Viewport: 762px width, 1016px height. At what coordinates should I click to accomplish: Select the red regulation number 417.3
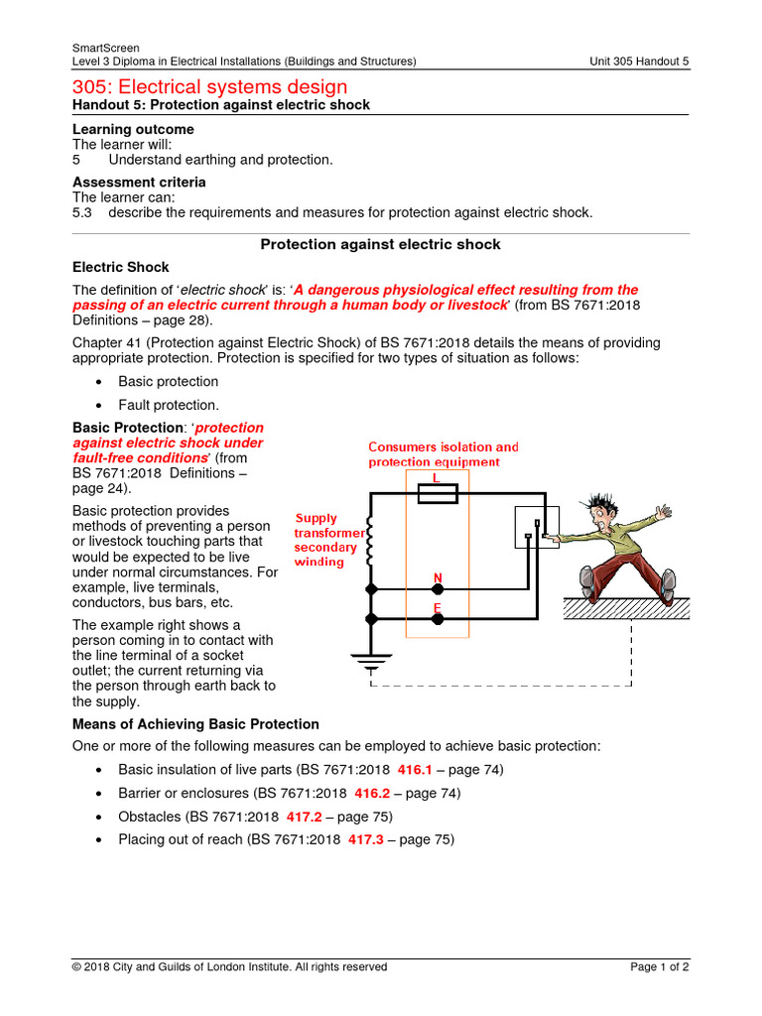tap(365, 839)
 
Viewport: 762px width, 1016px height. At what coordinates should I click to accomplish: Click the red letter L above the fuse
tap(437, 477)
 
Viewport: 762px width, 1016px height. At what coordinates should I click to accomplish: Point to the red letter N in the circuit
tap(437, 576)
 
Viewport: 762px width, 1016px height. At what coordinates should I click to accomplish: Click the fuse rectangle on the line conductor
tap(437, 493)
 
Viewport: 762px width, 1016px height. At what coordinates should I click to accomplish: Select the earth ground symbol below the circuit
tap(371, 660)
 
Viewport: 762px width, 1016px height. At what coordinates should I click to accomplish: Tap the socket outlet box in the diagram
tap(536, 526)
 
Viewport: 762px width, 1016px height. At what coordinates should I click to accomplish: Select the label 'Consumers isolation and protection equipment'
tap(443, 454)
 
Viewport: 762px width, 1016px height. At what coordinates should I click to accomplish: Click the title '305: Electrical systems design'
tap(210, 87)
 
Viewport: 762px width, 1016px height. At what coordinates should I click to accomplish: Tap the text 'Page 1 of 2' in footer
tap(660, 966)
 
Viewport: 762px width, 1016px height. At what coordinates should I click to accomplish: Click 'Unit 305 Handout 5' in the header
tap(639, 62)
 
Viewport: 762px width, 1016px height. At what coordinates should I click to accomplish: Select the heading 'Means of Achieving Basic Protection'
tap(196, 724)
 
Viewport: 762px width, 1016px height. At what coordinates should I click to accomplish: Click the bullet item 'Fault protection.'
tap(168, 405)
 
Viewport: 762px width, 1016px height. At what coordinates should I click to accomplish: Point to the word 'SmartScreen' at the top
tap(106, 48)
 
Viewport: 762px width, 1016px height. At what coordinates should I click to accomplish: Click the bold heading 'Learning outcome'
tap(134, 129)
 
